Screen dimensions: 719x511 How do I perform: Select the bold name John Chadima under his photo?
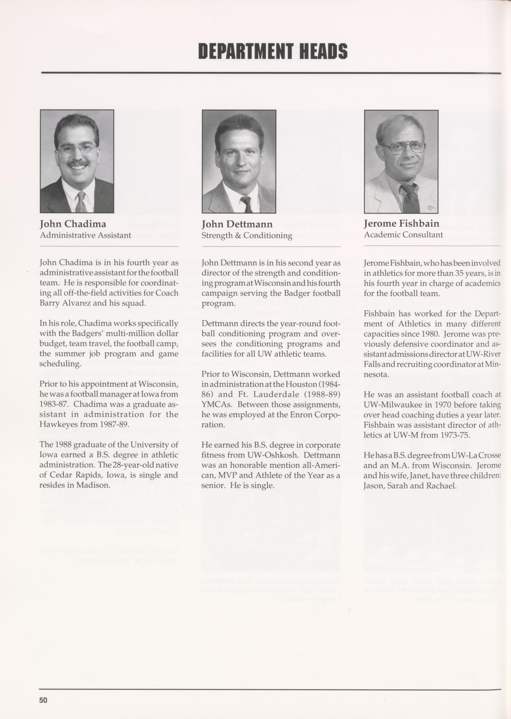click(73, 224)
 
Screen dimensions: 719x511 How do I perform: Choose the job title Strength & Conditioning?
click(247, 236)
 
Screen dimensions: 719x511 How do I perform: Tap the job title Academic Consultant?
click(403, 235)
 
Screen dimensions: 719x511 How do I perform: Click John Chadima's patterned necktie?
click(81, 202)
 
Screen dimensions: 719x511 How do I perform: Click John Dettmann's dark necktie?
click(246, 205)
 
